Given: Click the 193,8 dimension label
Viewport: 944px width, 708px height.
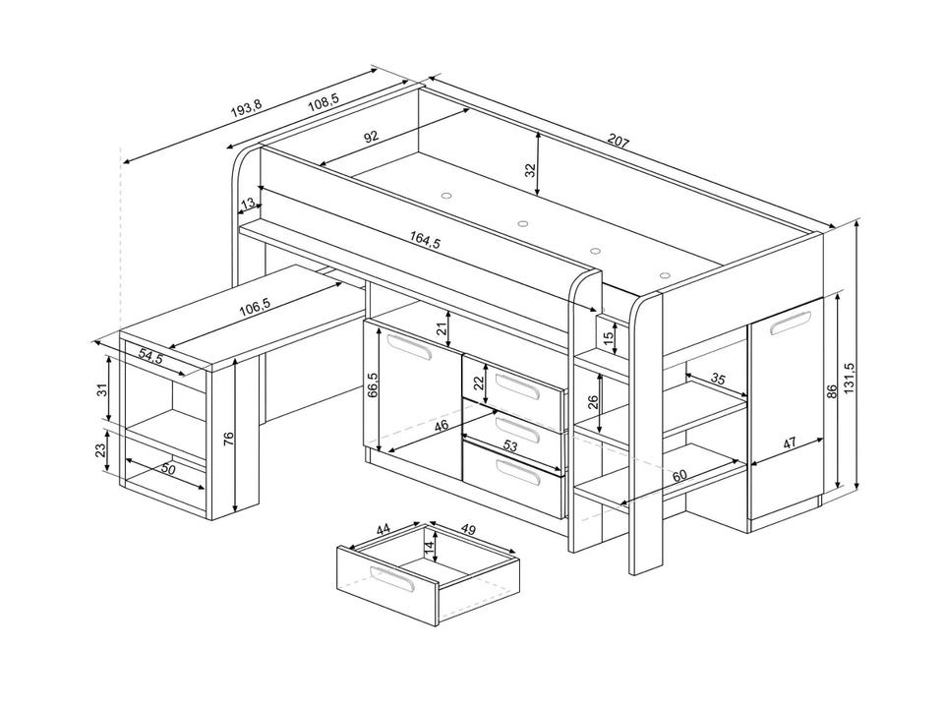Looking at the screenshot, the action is click(246, 108).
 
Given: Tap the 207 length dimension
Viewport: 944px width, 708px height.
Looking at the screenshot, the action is click(619, 142).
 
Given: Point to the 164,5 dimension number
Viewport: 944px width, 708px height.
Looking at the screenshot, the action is click(426, 240).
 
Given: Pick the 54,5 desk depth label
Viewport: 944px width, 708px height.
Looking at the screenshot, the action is click(150, 356).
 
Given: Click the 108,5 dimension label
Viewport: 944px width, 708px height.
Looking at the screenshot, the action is click(323, 104).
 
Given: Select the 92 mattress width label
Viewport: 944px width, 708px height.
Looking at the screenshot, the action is click(372, 136).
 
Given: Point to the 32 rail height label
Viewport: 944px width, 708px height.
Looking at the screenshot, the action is click(530, 170).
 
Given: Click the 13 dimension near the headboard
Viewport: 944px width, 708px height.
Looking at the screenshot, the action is click(248, 204).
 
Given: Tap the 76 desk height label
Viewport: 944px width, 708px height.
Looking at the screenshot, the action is click(229, 438).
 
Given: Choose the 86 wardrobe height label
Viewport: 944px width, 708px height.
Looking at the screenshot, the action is click(832, 391).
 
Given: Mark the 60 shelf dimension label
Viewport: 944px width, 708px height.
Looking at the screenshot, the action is click(679, 476).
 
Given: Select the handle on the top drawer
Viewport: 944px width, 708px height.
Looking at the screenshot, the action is click(516, 385).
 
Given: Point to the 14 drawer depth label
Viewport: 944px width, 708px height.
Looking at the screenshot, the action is click(429, 548).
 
